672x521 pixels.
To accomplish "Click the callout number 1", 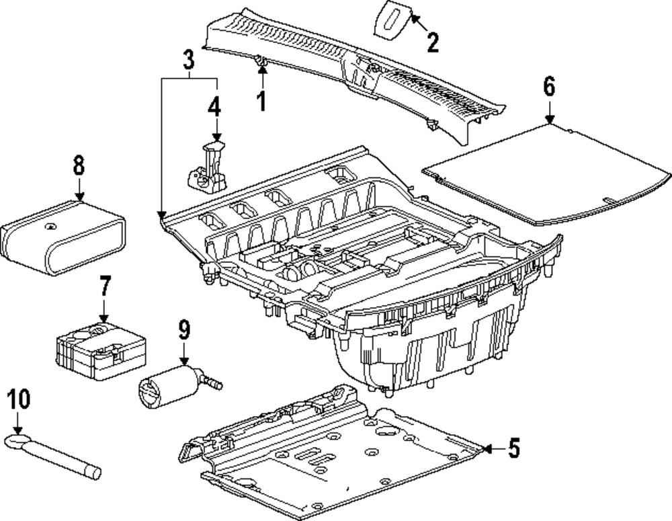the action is (261, 101).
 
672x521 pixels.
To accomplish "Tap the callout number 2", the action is (433, 42).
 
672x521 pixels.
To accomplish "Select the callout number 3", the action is (189, 59).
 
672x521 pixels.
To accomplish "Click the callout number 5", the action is (514, 448).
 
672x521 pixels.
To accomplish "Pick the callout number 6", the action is (549, 86).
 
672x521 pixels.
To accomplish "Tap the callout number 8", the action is (79, 165).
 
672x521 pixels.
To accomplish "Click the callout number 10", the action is (18, 399).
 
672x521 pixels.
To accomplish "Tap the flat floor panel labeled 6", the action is (546, 173).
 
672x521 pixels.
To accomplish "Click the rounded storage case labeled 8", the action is (63, 237).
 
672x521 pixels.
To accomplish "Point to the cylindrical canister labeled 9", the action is (175, 386).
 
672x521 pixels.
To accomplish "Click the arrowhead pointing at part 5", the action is (487, 448).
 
